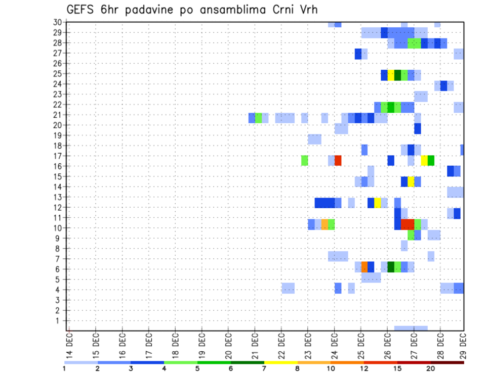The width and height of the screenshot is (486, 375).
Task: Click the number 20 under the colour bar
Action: (x=431, y=368)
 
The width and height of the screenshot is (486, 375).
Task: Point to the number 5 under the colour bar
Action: (x=197, y=368)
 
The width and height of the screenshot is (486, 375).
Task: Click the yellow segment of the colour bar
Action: (x=281, y=362)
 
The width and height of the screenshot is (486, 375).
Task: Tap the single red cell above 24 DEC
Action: (x=338, y=161)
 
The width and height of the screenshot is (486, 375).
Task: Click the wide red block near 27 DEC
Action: (x=408, y=223)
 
